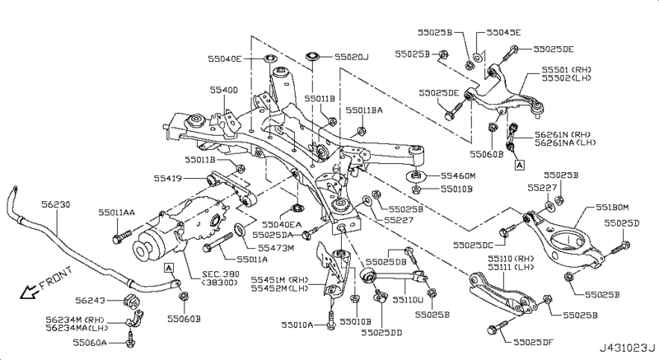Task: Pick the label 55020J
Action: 354,58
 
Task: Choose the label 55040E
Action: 225,58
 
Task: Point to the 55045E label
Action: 504,33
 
